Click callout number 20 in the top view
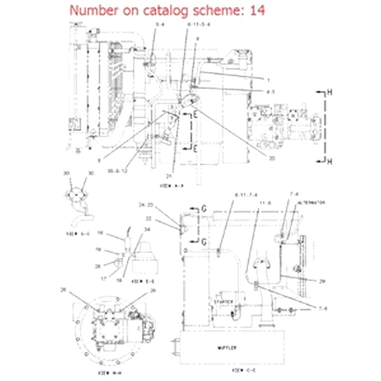pos(272,159)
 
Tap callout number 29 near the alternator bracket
pos(322,281)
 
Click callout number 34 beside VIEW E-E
pos(147,230)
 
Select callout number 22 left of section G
pos(148,219)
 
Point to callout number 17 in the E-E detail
pos(103,279)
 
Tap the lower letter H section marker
pos(329,162)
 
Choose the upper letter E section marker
pos(195,113)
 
